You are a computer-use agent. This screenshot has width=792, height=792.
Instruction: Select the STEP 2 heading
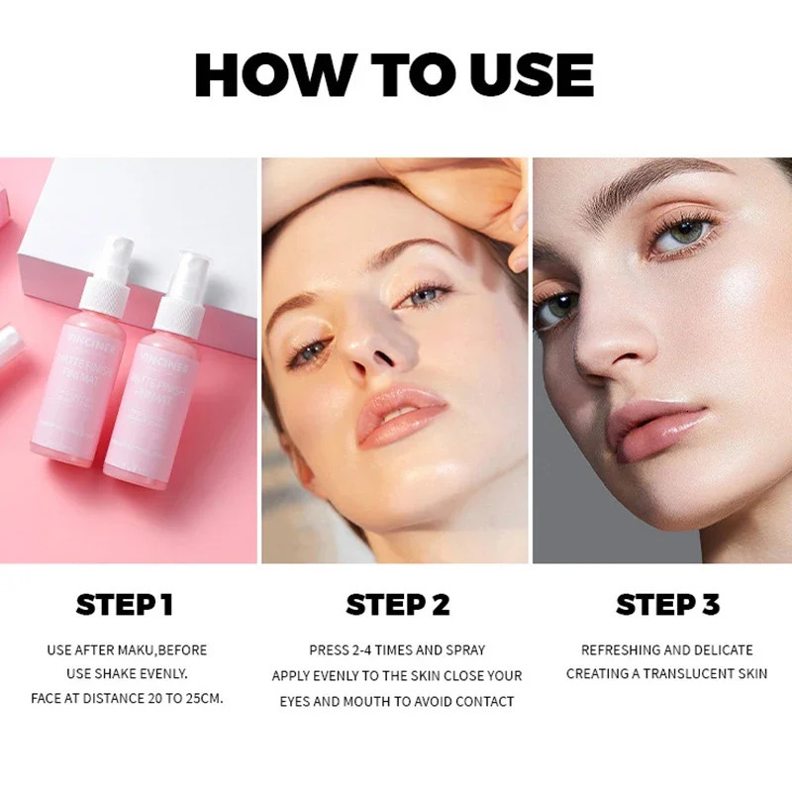(x=397, y=604)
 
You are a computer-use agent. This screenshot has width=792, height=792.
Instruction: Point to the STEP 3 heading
(x=667, y=604)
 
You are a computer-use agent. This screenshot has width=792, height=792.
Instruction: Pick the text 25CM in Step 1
(x=202, y=698)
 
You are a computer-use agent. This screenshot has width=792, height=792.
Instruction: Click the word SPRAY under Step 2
(x=461, y=650)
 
